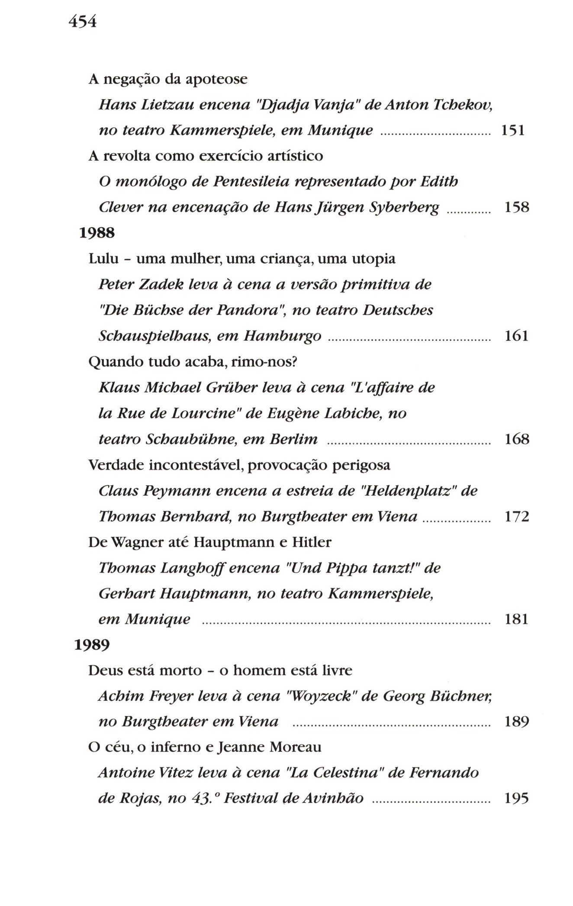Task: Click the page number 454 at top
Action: tap(82, 20)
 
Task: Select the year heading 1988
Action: tap(97, 233)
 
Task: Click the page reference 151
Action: tap(512, 130)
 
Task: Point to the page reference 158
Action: tap(517, 207)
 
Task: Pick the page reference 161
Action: tap(516, 336)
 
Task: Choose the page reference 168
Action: tap(517, 439)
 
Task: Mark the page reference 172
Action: tap(517, 516)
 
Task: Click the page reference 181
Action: tap(516, 619)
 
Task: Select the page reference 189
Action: tap(517, 722)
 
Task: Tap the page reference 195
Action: tap(516, 799)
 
